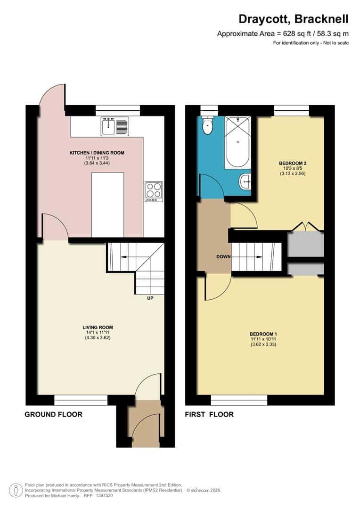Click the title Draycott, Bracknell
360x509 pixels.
click(293, 19)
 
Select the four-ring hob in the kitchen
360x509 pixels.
click(154, 191)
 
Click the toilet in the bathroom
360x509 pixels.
click(207, 125)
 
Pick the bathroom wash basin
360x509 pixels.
click(245, 181)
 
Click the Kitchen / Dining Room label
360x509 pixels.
click(97, 153)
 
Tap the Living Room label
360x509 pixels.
click(98, 327)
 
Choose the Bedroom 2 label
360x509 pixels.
click(290, 163)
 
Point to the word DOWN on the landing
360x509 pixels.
click(223, 257)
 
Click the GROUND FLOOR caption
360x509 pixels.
click(53, 415)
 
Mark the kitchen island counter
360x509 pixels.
click(107, 205)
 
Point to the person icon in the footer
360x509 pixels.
click(16, 490)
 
